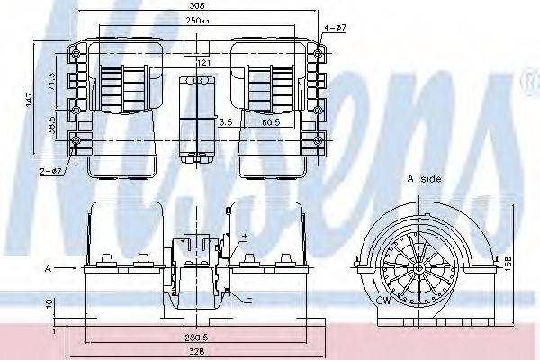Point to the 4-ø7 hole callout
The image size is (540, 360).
[x=334, y=27]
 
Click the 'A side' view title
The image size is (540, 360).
[x=425, y=180]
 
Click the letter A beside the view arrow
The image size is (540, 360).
[x=46, y=267]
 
